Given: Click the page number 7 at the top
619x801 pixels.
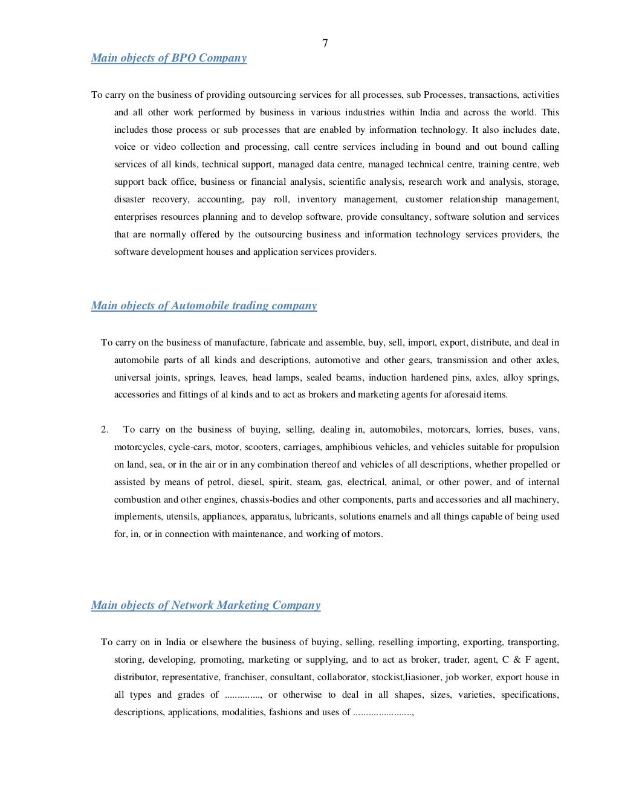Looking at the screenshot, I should (325, 43).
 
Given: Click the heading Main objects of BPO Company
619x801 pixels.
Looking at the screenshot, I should (169, 58).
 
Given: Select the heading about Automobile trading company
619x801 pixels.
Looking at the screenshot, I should (204, 306).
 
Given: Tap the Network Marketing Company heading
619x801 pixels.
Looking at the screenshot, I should (206, 605).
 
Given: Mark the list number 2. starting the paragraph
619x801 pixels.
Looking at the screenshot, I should (105, 430).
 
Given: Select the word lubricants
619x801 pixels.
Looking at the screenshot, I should (314, 517).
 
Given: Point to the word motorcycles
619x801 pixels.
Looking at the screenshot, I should (138, 448).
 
